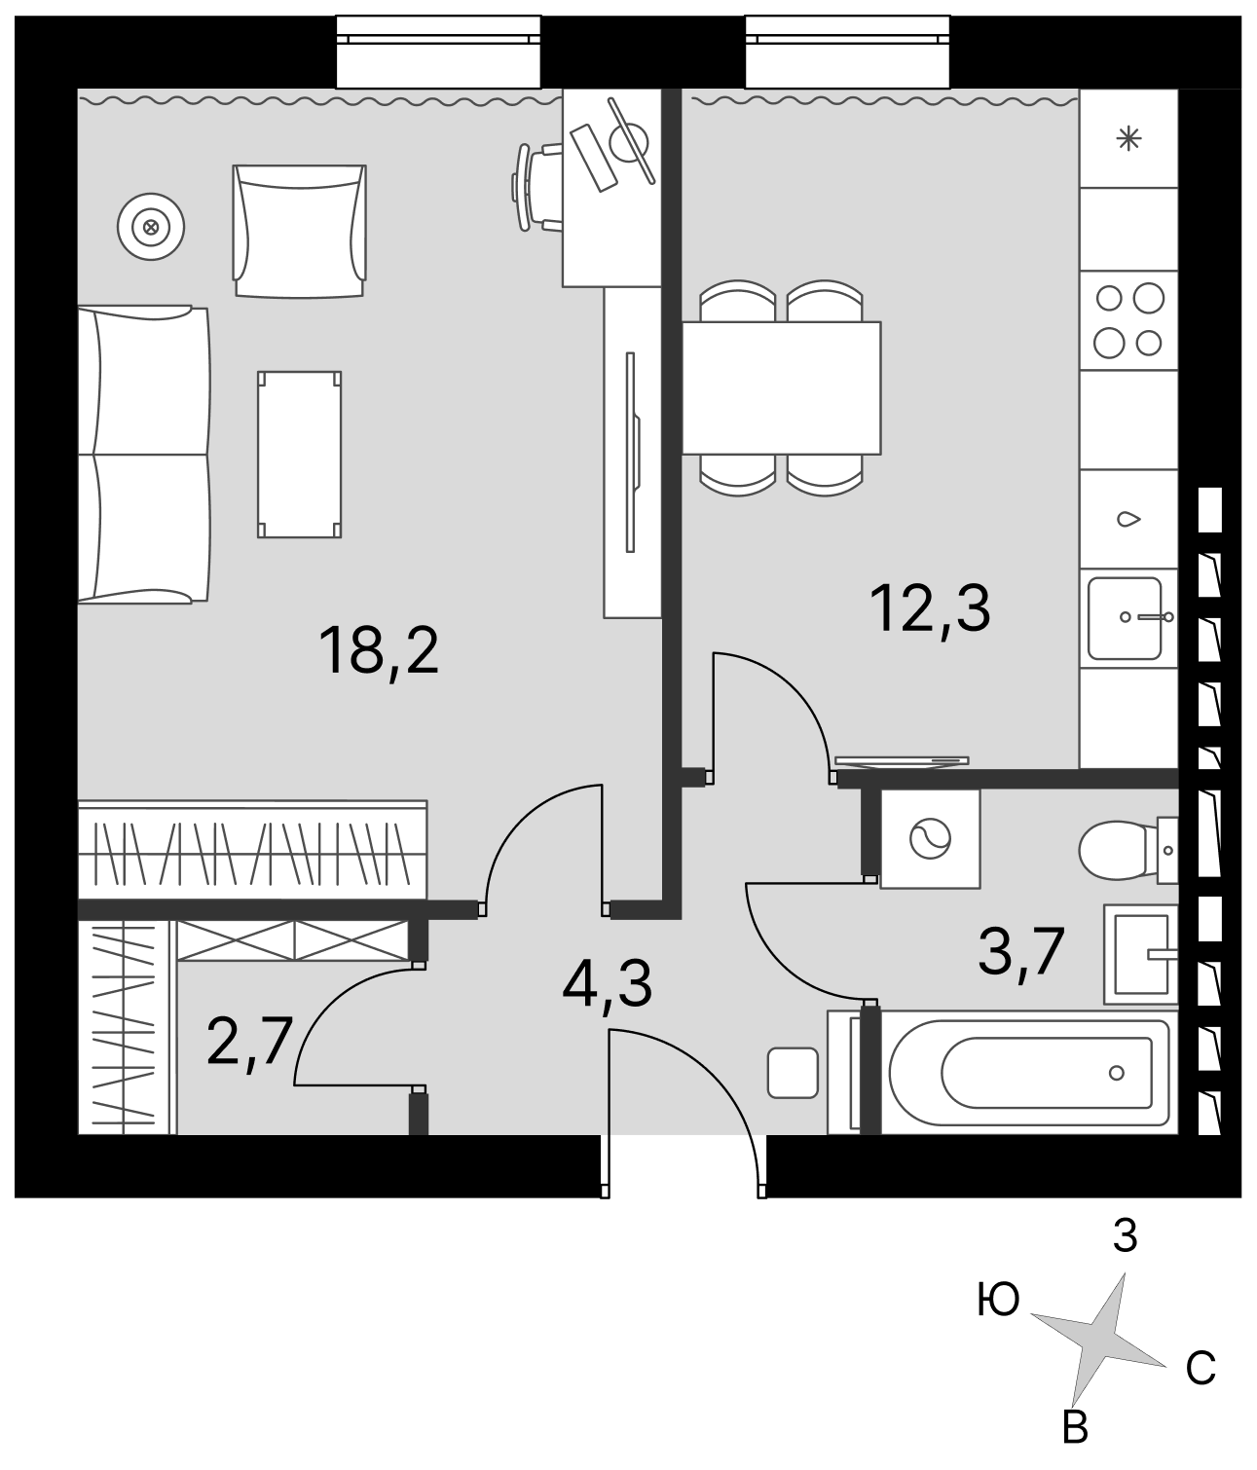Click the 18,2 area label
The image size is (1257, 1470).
point(379,651)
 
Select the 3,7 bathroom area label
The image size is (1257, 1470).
point(1020,954)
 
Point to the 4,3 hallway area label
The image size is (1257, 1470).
point(607,986)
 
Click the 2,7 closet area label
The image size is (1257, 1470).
point(249,1042)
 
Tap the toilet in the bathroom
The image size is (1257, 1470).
point(1128,850)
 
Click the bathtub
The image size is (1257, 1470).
point(1028,1073)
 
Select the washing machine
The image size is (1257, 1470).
point(930,839)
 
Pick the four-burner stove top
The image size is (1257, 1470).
point(1128,320)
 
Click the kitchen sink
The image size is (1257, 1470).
point(1128,617)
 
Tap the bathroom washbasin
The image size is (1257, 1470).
point(1141,954)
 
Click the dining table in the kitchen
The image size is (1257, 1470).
point(781,387)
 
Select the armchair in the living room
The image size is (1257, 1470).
point(300,231)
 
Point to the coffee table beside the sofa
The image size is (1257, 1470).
point(300,454)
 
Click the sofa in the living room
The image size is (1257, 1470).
point(143,455)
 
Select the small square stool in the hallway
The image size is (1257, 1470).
point(793,1073)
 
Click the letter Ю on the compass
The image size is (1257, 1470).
point(998,1301)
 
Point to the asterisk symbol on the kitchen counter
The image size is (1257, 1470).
point(1128,138)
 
